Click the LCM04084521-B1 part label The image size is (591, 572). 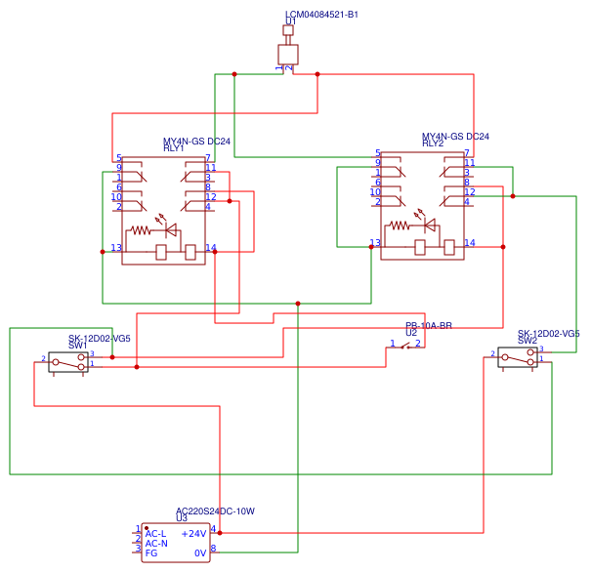(x=321, y=15)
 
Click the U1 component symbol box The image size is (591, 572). (x=287, y=54)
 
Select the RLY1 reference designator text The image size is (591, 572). (x=173, y=148)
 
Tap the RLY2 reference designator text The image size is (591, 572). (x=432, y=143)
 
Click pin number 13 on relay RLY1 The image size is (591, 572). (x=116, y=248)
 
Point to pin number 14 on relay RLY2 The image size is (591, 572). (x=470, y=242)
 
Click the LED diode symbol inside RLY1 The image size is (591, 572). (x=170, y=231)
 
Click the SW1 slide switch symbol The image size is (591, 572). (x=68, y=361)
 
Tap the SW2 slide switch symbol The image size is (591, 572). (x=517, y=357)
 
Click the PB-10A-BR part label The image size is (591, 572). (x=429, y=326)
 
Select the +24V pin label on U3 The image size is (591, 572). (x=193, y=534)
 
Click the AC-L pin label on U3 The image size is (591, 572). (x=155, y=534)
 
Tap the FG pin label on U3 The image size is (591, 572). (x=150, y=553)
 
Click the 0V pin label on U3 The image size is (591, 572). (x=199, y=553)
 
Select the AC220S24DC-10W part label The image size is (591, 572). (x=215, y=511)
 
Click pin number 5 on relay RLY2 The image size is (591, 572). (x=377, y=153)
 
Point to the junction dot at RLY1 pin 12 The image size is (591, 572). (x=230, y=201)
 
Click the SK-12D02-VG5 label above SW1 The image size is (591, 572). (x=99, y=338)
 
